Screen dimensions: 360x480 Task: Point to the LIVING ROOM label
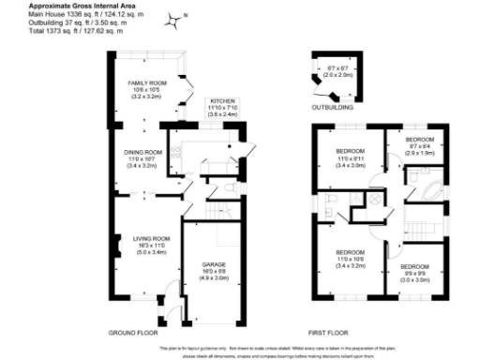[150, 238]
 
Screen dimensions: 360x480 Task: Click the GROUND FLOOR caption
[132, 333]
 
